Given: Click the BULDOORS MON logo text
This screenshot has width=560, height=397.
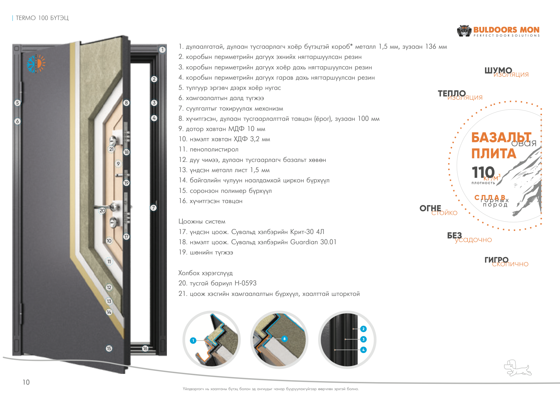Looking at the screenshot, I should coord(506,30).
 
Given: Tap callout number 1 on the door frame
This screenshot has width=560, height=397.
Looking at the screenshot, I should coord(162,50).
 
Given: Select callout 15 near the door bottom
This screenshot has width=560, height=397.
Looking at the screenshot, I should coord(109,349).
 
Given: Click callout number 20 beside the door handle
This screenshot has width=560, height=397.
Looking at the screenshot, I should coord(102,211).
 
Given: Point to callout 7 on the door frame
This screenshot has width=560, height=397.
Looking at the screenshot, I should coord(153,208).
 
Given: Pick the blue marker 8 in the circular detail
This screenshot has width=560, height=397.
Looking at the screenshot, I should coord(284,339).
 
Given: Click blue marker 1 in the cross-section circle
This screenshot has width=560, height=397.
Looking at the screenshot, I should coord(193,341).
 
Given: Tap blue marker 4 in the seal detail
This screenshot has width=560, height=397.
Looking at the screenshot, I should coord(363,350).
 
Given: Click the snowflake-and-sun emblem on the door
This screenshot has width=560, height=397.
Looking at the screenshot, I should coord(36,64).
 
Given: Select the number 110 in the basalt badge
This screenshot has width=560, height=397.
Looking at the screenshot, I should coord(483,172).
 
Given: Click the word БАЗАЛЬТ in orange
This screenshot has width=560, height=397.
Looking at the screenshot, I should coord(501,137).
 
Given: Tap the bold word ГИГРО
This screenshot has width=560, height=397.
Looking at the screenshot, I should coord(496,260).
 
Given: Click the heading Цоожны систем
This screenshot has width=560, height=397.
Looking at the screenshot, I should coord(202,222).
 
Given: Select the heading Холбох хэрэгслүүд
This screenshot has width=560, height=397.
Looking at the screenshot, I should coord(206,273).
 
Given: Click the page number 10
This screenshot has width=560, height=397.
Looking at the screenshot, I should coord(26,382).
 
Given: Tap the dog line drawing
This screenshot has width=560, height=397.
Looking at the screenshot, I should coord(517,368).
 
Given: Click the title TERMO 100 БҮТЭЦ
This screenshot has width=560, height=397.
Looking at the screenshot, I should coord(42,18).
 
